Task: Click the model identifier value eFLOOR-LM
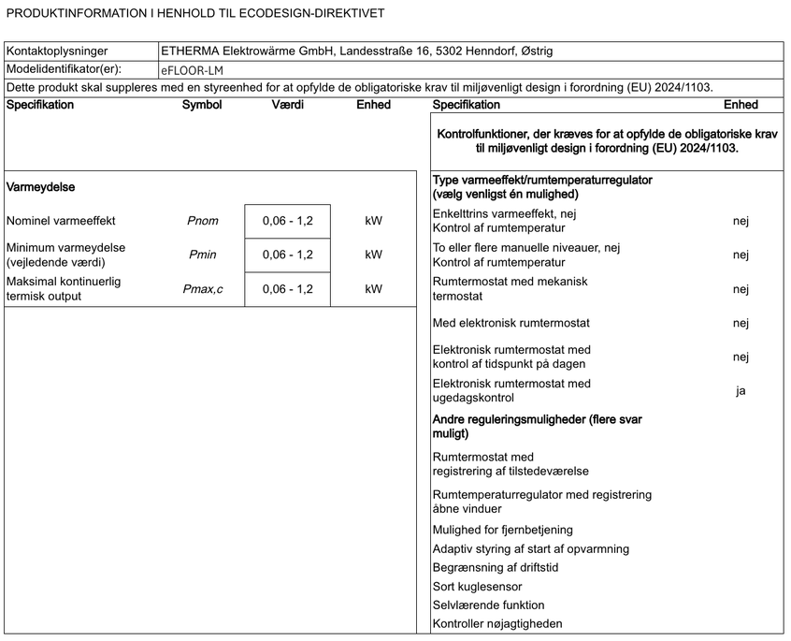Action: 192,69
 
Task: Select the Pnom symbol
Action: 203,222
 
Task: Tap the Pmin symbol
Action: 203,255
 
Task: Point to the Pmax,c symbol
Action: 203,289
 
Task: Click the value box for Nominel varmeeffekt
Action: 287,222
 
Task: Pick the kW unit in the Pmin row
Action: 374,255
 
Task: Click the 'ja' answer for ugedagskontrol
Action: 741,391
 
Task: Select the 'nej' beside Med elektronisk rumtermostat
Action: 741,324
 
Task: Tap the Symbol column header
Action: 202,105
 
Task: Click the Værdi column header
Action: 287,105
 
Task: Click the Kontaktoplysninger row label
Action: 57,51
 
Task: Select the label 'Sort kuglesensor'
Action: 478,587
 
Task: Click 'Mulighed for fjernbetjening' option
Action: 503,531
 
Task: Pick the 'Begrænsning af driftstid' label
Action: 496,568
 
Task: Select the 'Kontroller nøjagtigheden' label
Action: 497,624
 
